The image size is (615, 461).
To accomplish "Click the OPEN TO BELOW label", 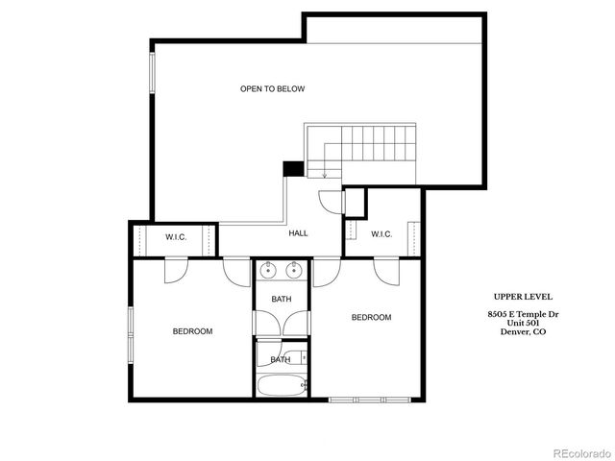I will tap(272, 89).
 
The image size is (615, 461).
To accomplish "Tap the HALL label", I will tap(298, 233).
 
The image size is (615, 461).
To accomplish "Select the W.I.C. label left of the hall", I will tap(176, 236).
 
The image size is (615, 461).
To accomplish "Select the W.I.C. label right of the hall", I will tap(382, 233).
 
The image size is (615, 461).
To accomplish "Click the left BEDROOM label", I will tap(192, 331).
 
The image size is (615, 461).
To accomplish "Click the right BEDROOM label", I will tap(371, 318).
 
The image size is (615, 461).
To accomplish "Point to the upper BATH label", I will tap(281, 300).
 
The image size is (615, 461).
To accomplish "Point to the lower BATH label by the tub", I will tap(280, 359).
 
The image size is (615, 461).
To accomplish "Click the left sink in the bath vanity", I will tap(267, 270).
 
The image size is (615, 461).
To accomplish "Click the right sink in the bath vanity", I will tap(294, 270).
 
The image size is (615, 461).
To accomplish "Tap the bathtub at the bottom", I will tap(281, 386).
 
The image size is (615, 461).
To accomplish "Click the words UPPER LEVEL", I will tap(523, 297).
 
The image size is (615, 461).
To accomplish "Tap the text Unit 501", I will tap(523, 323).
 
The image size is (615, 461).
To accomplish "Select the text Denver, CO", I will tap(523, 331).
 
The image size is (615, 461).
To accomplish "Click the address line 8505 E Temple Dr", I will tap(523, 314).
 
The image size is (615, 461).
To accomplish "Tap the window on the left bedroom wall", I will tap(133, 331).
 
